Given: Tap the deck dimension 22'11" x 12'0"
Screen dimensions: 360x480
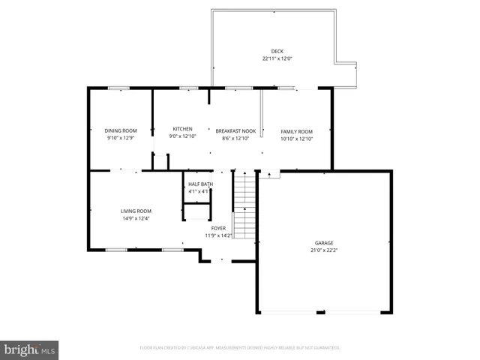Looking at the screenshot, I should (277, 58).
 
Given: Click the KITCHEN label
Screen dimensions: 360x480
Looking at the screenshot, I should (183, 129).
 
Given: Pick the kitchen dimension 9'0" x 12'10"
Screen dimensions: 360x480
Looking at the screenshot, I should (183, 136).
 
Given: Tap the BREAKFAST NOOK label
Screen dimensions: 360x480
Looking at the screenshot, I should (235, 131).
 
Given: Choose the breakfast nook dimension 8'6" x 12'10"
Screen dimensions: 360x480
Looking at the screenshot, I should (235, 139).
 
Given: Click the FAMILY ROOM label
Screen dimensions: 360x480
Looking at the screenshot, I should (296, 131).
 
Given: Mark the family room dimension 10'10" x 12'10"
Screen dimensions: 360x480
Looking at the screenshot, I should (296, 139).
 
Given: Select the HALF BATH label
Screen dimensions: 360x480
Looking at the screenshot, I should (200, 184).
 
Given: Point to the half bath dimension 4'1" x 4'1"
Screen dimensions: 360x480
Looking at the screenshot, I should (200, 192).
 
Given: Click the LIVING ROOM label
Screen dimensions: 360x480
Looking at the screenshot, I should (136, 211).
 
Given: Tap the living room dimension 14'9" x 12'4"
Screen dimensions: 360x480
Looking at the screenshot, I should (136, 218).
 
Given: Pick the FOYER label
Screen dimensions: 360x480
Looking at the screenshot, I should (218, 228).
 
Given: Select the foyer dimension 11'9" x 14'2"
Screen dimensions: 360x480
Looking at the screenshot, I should (218, 235).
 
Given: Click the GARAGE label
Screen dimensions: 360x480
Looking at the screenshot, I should (324, 243).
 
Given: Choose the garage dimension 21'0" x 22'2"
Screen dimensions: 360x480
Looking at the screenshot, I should (324, 250).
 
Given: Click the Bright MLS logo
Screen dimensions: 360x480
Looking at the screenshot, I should (30, 349).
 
